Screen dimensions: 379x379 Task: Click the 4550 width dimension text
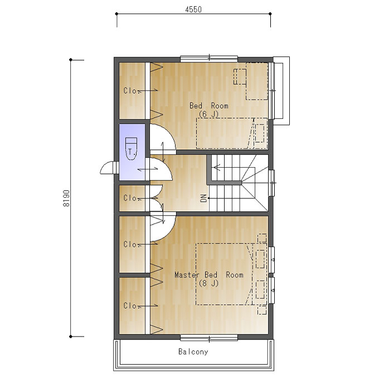[193, 9]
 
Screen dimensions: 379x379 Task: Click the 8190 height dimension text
[66, 198]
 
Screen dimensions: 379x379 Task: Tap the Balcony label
[193, 352]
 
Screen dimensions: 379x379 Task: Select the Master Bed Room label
[209, 275]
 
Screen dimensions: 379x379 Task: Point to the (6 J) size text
[209, 114]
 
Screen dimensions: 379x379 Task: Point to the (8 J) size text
[209, 283]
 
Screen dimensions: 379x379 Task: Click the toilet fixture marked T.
[132, 149]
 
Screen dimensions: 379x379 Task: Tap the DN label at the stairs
[203, 198]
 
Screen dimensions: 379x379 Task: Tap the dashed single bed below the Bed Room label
[232, 133]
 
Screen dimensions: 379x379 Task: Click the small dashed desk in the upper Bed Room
[240, 77]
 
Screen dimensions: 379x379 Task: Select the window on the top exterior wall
[209, 59]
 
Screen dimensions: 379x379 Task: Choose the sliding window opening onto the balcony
[209, 338]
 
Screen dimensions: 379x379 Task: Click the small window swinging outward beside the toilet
[109, 168]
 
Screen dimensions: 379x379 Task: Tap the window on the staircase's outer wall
[272, 183]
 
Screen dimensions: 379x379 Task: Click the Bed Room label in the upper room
[209, 106]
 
